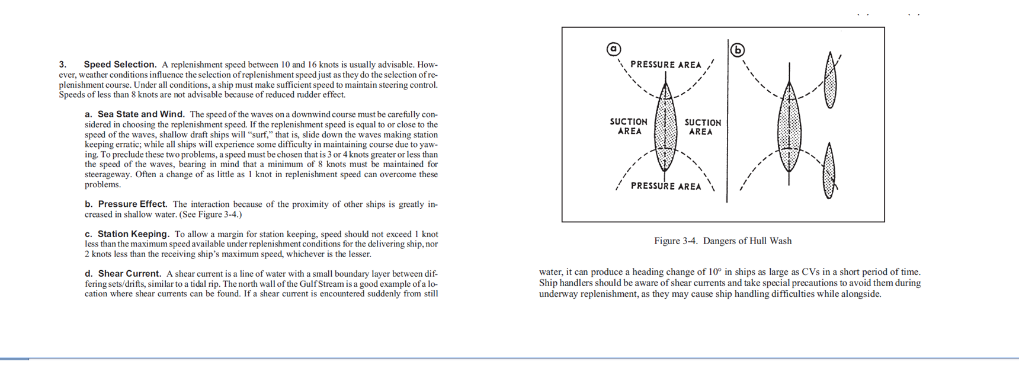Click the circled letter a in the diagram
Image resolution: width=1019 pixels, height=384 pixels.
point(614,49)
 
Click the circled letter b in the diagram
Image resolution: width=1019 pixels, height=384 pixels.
point(738,50)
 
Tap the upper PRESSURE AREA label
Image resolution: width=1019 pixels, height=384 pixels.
point(665,65)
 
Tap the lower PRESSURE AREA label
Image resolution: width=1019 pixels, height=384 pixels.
point(665,186)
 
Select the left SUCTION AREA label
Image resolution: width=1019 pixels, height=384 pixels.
point(629,126)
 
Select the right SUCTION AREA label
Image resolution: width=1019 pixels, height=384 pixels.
point(703,127)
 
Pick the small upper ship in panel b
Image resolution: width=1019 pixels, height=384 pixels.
point(831,81)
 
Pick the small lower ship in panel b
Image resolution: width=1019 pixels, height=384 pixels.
point(829,172)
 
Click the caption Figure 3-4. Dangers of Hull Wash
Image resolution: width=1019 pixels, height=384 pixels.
point(723,241)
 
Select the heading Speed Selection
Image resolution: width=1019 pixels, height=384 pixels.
point(120,65)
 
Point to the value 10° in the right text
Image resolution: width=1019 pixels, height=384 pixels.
point(715,272)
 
